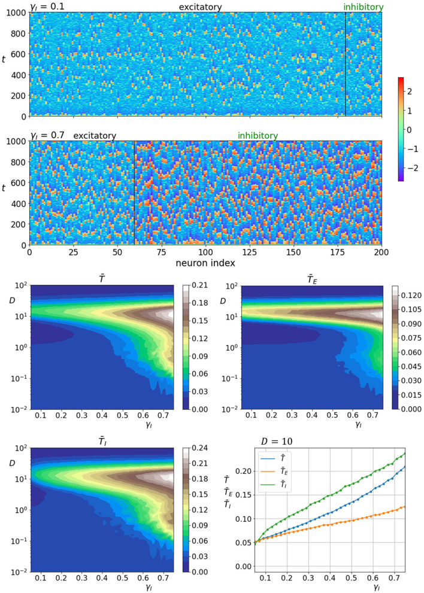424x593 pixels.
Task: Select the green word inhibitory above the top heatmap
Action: [364, 7]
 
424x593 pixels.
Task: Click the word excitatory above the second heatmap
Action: [95, 136]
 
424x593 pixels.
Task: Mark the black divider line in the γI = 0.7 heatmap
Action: [135, 193]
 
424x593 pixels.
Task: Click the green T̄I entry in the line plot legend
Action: [275, 486]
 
